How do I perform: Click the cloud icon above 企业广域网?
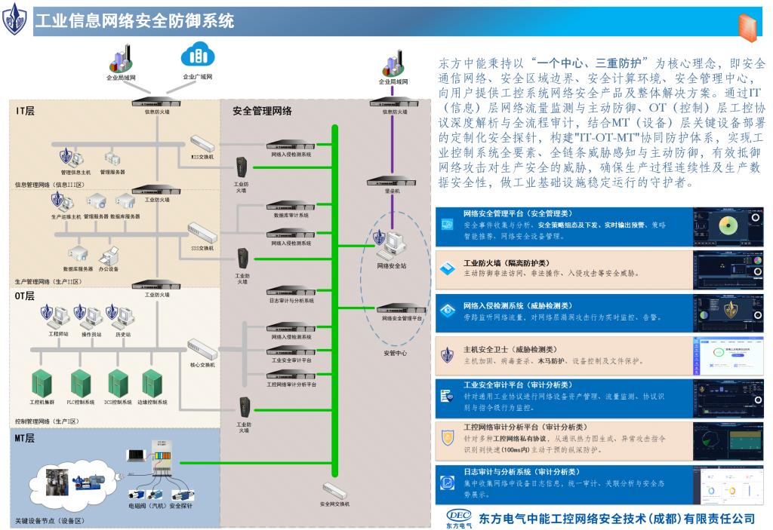click(196, 54)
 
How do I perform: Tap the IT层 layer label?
click(26, 111)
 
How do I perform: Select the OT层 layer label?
click(26, 296)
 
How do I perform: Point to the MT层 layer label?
click(26, 437)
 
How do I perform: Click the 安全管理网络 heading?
click(262, 111)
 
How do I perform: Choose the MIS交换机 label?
click(202, 157)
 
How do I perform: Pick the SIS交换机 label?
click(202, 247)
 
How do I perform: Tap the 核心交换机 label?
click(202, 364)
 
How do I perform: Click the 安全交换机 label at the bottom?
click(334, 504)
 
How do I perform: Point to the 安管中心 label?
click(395, 353)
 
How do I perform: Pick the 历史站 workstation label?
click(122, 334)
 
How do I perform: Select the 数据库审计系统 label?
click(291, 215)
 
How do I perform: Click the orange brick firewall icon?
click(748, 25)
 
